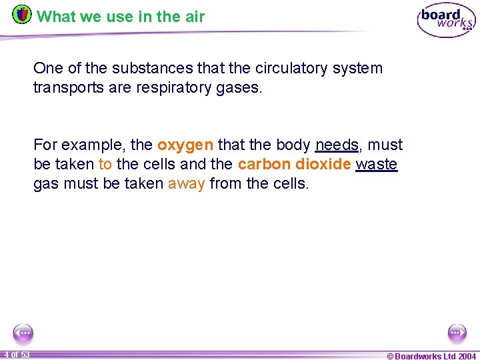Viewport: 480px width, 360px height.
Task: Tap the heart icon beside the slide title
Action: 22,14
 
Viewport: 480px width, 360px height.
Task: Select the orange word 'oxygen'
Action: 185,145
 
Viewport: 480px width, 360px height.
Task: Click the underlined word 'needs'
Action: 337,145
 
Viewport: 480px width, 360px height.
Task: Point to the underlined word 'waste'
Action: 377,165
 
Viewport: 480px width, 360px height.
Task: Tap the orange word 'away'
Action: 186,183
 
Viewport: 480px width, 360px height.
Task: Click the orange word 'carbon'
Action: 261,165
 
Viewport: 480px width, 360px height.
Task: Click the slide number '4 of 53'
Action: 16,354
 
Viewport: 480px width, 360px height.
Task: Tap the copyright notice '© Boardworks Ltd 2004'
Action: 431,356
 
